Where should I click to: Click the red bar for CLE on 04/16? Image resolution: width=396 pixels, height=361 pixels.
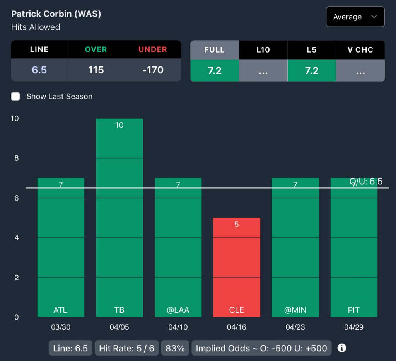[x=237, y=267]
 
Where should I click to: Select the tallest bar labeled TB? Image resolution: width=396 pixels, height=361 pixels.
[x=119, y=216]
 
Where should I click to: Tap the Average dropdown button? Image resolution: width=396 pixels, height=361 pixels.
[x=355, y=17]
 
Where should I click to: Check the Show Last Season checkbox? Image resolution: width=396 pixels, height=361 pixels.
[x=15, y=96]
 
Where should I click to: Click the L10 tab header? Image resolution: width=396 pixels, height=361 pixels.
[x=263, y=49]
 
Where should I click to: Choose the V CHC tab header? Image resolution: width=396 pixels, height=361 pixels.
[x=360, y=49]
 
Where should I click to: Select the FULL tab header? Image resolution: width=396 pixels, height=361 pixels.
[x=215, y=49]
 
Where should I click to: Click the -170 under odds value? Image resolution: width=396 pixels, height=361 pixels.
[x=153, y=70]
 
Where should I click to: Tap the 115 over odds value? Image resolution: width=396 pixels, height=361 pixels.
[x=96, y=70]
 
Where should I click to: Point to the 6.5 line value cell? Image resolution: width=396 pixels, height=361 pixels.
[x=39, y=70]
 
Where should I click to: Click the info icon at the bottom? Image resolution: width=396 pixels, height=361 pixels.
[x=342, y=348]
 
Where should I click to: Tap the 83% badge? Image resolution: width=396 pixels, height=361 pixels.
[x=175, y=348]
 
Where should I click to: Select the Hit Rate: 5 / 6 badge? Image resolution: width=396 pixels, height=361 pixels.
[x=126, y=348]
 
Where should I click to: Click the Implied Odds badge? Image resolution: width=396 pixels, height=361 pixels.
[x=261, y=348]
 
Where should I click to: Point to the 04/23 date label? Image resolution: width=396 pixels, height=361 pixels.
[x=295, y=327]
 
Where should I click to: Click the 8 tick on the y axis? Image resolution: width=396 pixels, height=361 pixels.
[x=16, y=158]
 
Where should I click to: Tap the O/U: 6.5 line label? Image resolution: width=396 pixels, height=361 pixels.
[x=366, y=181]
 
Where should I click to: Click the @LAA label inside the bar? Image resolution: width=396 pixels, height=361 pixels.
[x=178, y=310]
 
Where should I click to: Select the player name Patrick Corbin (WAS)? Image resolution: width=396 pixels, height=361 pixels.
[x=56, y=14]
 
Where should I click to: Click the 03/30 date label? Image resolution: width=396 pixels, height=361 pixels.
[x=61, y=327]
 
